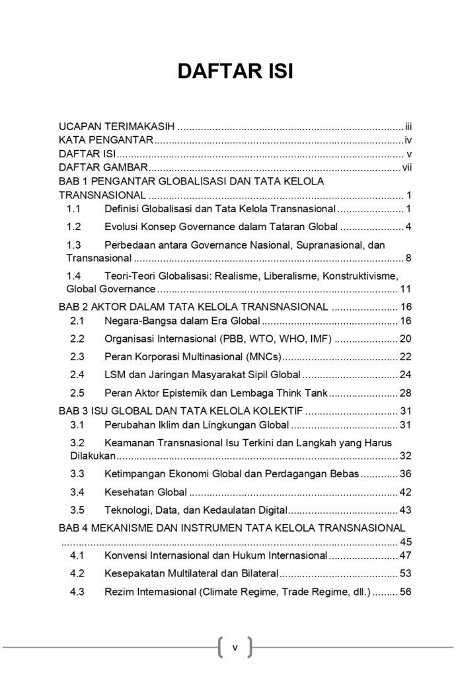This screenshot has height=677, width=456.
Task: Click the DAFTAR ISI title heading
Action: pos(235,71)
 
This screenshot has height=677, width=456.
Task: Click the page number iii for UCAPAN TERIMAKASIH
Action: pos(409,126)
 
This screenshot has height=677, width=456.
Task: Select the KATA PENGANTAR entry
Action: pos(106,139)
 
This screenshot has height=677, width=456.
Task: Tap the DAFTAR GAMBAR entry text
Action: pos(102,168)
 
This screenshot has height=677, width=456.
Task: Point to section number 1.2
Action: pos(73,227)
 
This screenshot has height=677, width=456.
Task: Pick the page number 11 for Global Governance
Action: pos(406,289)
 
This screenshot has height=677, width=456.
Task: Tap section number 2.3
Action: pos(77,357)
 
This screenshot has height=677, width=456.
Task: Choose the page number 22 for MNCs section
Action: pos(406,357)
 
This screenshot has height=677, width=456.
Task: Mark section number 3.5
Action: pos(77,510)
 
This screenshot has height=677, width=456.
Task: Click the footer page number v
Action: pos(235,647)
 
